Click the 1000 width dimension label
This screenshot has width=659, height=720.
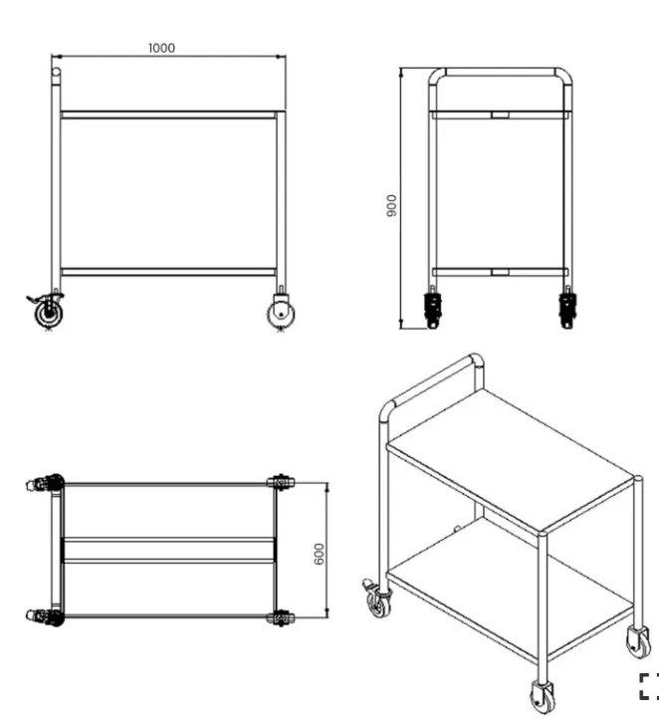[161, 48]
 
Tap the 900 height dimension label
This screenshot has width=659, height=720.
[391, 206]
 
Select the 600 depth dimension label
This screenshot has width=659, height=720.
[319, 554]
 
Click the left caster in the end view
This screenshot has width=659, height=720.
[432, 307]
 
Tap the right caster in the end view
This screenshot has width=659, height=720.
[567, 307]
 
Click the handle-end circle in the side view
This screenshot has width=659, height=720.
[56, 72]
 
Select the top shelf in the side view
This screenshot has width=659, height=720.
[169, 115]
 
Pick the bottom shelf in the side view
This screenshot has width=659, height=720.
[168, 272]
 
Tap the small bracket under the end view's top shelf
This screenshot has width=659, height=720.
[500, 115]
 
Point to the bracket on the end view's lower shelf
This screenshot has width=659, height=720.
[500, 272]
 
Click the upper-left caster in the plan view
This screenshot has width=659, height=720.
[45, 484]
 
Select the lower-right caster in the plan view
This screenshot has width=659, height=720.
[281, 617]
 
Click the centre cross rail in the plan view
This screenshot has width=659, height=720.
[168, 550]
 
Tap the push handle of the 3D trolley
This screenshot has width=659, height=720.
[432, 380]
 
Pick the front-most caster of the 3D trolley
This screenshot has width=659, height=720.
[542, 696]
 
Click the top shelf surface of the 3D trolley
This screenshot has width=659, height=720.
[510, 460]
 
